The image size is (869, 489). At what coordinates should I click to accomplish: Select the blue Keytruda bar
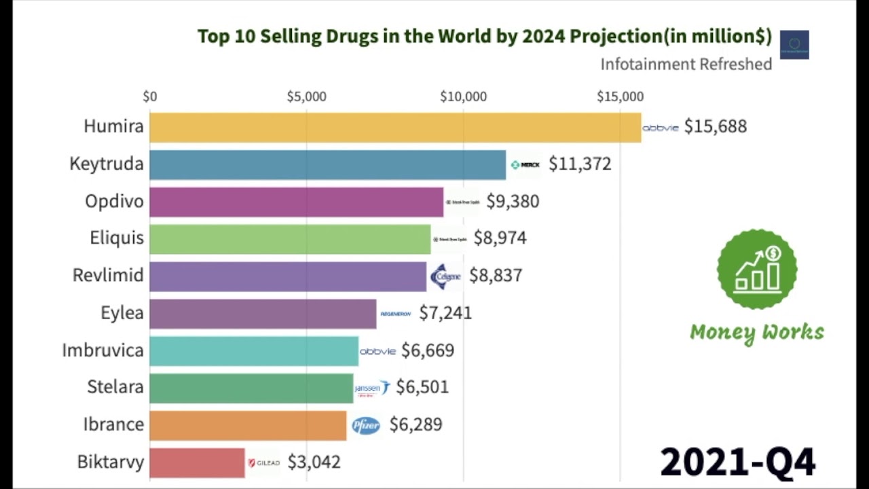tap(327, 164)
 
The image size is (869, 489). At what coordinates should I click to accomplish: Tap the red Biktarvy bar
tap(197, 463)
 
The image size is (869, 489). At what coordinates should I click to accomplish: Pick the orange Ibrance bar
tap(248, 425)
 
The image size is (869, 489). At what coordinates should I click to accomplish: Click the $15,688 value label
tap(715, 127)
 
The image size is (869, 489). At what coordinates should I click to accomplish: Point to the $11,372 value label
tap(580, 164)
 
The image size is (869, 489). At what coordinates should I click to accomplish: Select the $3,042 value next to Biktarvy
tap(314, 463)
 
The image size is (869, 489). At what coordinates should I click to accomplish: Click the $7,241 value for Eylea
tap(445, 313)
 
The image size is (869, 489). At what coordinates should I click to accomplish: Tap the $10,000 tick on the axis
tap(463, 97)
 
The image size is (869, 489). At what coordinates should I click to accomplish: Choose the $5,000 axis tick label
tap(306, 97)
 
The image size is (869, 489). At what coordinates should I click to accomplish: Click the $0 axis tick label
tap(150, 97)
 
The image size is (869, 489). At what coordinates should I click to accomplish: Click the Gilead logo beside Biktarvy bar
tap(263, 463)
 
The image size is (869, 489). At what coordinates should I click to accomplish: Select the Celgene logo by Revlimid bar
tap(445, 276)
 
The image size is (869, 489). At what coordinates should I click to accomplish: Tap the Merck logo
tap(525, 165)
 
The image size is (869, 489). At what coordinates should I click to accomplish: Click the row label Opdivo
tap(114, 202)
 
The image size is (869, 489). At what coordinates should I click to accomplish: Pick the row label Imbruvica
tap(103, 350)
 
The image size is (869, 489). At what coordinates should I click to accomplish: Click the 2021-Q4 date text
tap(737, 463)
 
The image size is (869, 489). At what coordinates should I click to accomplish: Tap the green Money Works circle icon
tap(757, 270)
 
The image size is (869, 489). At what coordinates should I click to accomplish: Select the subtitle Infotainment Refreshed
tap(686, 65)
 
